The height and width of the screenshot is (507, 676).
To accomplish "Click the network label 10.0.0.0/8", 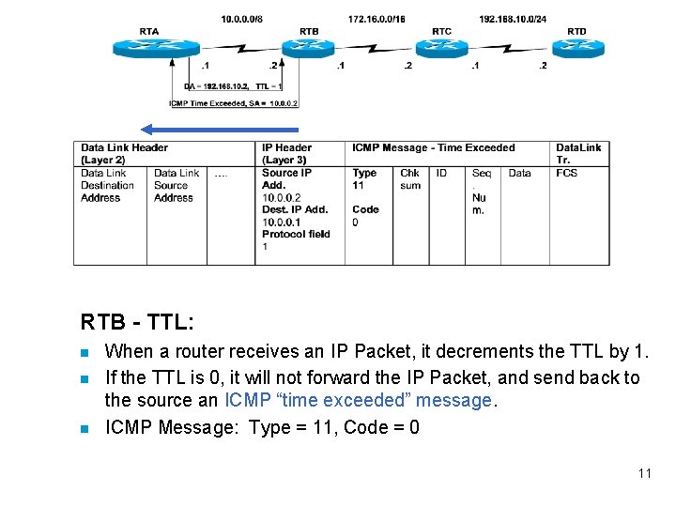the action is tap(243, 19).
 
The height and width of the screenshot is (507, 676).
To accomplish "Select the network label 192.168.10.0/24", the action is tap(513, 19).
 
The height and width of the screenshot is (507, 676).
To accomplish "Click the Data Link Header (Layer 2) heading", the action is tap(124, 153).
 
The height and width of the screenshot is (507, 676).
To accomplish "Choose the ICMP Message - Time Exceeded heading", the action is tap(433, 147).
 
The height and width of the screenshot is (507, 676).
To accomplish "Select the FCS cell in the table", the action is tap(566, 173).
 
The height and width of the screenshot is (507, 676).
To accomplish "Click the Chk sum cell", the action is tap(410, 179).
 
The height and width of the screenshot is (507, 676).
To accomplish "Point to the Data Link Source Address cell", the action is tap(177, 185).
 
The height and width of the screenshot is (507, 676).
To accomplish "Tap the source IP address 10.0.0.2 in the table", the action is tap(282, 197).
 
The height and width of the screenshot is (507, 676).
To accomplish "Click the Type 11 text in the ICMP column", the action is tap(364, 178).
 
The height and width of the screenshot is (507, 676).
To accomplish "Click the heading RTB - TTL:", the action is tap(138, 322).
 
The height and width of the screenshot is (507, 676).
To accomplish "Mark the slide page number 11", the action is tap(644, 473).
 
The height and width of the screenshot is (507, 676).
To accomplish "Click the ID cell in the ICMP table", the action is tap(441, 173).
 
